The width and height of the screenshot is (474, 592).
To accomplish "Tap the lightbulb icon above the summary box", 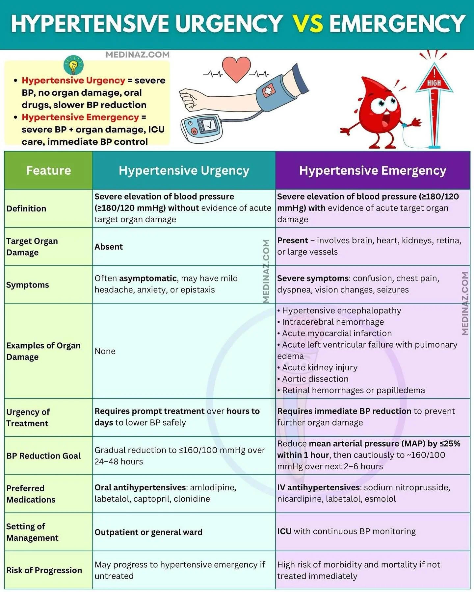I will coord(73,65).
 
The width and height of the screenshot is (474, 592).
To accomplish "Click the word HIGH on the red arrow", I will coord(434,83).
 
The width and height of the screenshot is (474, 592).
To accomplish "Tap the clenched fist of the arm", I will coord(188,99).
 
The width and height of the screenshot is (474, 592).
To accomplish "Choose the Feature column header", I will coord(48,170).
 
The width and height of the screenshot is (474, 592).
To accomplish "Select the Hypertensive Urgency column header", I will coord(184,170).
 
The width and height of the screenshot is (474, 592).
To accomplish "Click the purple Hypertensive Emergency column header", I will coord(373,170).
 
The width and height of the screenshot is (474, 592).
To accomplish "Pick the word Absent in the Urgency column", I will coord(109,247).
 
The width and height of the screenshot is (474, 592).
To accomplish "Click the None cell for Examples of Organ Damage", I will coord(105,351).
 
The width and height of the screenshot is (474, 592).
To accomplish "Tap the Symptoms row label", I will coord(28,285).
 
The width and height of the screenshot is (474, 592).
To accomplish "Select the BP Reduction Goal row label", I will coord(43,456).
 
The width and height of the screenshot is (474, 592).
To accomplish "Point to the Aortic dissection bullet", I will coord(315,379).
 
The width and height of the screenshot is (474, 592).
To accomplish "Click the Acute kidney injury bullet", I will coord(319,367).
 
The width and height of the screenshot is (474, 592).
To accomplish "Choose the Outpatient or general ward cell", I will coord(148,532).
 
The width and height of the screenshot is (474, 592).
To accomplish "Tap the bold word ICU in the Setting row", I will coord(284,531).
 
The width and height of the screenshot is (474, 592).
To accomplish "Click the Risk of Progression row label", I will coord(44,570).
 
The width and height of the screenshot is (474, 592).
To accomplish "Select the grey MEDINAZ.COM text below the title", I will coord(138,55).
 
